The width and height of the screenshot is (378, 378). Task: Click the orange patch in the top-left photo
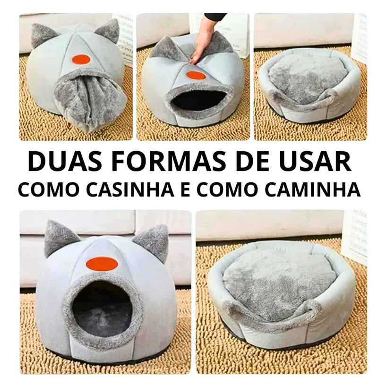point(81,60)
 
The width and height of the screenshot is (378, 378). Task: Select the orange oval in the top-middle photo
point(196,75)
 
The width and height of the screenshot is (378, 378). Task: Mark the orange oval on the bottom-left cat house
point(102,263)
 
